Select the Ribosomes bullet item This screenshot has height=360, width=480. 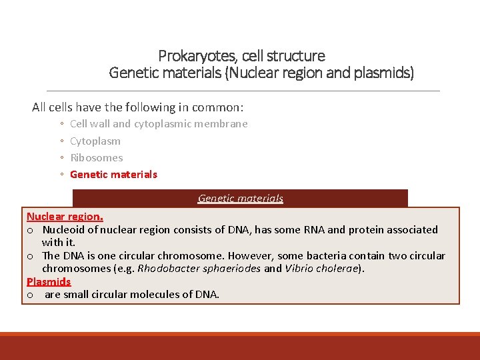97,158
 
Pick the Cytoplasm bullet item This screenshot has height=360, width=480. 95,141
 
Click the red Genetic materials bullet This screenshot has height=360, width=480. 113,175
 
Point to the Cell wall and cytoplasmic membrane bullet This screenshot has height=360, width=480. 159,123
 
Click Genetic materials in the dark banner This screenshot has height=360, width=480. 241,198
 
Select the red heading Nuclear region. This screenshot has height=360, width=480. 65,216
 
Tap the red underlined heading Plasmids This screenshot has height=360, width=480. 49,281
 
